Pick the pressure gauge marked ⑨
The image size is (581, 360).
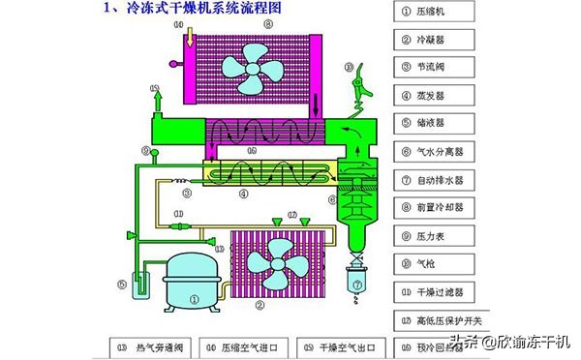coord(146,153)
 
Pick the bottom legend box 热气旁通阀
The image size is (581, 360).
coord(153,345)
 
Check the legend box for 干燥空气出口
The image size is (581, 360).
coord(343,345)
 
